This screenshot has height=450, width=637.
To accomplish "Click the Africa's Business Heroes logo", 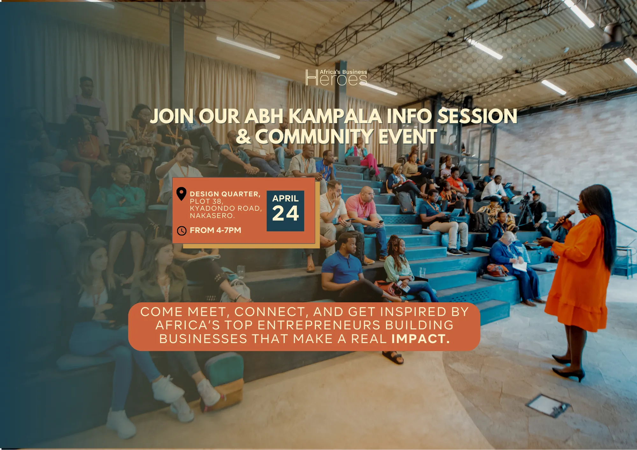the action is coord(336,77).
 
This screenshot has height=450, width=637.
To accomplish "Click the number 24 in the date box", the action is coord(285,213).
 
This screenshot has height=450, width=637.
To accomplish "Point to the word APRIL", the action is coord(285,198).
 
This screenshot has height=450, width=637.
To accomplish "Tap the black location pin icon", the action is coord(181,194).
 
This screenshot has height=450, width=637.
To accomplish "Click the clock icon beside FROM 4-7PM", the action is coord(182,231).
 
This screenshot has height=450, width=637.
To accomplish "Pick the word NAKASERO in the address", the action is coord(212,215).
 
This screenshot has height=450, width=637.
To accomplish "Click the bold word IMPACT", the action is coord(420,339).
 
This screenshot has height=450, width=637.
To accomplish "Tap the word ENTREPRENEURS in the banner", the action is coord(319,325).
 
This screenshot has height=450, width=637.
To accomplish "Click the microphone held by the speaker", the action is coord(563,220).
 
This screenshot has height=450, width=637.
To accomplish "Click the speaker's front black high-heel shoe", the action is coord(569,374).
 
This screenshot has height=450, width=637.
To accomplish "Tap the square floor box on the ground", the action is coord(548,405).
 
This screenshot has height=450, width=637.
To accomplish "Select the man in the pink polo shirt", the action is coord(366,216).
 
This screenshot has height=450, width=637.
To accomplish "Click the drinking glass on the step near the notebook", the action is coord(241,271).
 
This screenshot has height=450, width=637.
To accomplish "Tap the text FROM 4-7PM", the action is coord(215,230).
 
